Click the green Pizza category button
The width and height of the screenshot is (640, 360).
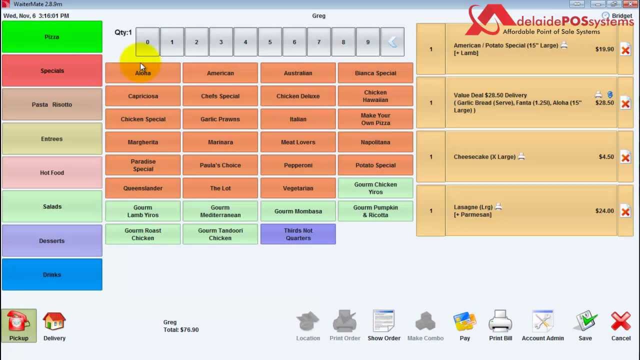pos(52,37)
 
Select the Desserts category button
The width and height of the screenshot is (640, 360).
pos(52,240)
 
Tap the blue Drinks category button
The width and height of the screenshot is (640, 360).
pos(52,274)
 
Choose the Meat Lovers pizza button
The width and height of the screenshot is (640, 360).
pos(298,142)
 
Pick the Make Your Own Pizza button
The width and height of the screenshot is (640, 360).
pos(375,119)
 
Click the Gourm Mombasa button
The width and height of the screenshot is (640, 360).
pos(298,211)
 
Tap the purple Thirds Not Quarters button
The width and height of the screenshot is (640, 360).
pos(298,234)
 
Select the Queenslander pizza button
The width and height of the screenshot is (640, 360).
pos(143,188)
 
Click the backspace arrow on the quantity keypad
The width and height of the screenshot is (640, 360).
pos(392,42)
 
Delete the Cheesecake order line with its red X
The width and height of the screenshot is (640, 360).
pos(625,157)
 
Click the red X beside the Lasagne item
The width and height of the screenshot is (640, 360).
pos(625,211)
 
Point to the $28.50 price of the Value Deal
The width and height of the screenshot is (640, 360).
pos(604,103)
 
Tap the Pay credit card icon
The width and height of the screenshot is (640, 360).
pos(464,321)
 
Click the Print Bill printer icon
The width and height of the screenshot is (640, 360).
pos(500,320)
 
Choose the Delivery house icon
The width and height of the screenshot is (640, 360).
pos(54,321)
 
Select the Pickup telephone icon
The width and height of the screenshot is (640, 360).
pos(18,321)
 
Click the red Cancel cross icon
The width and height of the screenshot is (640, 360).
pos(621,321)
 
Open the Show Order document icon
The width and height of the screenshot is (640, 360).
pos(383,320)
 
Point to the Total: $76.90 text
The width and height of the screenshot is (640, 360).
pos(181,329)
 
